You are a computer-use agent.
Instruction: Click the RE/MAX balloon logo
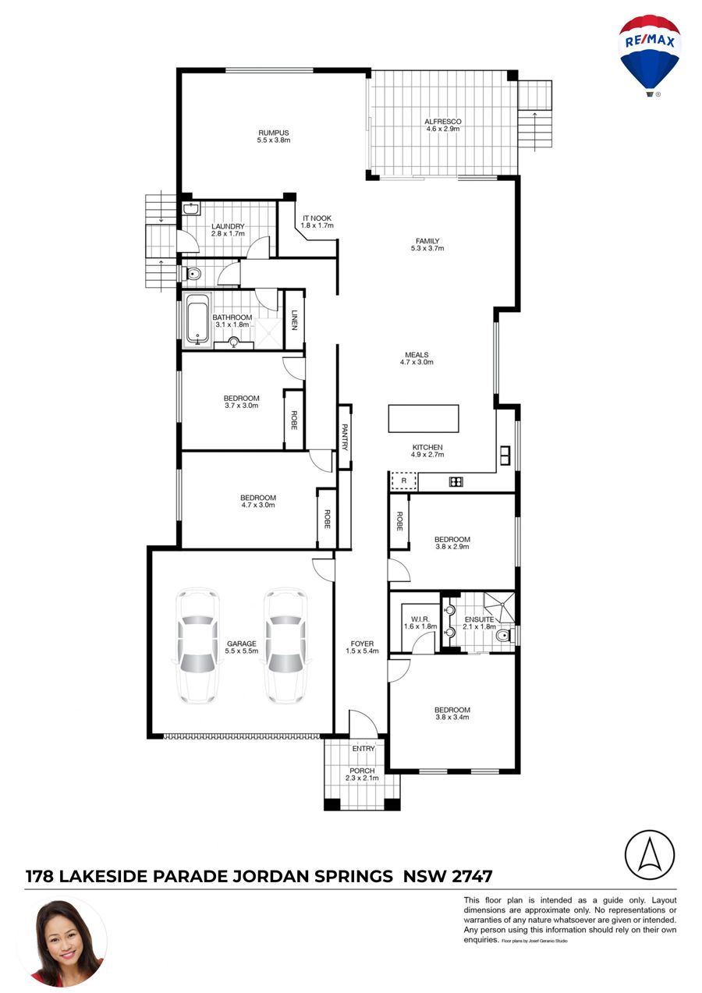click(649, 55)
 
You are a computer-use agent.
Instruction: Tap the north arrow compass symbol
click(649, 855)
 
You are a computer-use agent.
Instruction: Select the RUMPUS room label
click(274, 133)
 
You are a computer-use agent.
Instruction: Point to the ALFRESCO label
click(443, 122)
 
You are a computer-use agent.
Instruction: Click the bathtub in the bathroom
click(197, 319)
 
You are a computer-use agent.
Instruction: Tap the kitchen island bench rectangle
click(424, 418)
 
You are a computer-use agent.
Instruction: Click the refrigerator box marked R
click(403, 481)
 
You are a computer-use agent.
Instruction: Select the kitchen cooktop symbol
click(456, 481)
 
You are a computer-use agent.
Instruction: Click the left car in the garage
click(197, 646)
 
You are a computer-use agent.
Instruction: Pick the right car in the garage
click(285, 646)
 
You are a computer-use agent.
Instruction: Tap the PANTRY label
click(345, 437)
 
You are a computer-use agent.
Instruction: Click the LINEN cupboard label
click(294, 320)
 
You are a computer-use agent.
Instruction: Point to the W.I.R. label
click(420, 619)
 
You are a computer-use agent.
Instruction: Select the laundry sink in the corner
click(191, 208)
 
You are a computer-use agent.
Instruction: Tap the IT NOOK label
click(317, 218)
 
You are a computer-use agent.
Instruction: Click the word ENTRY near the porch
click(363, 748)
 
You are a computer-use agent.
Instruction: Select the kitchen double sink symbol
click(505, 456)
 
